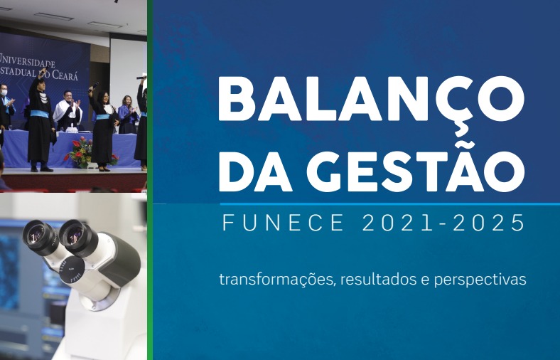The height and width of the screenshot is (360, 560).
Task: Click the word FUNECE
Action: click(x=284, y=223)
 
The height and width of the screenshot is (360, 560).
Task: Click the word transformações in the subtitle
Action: click(x=277, y=280)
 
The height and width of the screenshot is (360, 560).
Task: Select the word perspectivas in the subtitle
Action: click(x=480, y=280)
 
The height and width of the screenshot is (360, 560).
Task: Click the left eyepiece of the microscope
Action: click(x=38, y=237)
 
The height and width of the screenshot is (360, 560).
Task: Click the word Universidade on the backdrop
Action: click(x=28, y=60)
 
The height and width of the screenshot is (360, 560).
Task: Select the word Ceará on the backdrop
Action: click(x=65, y=75)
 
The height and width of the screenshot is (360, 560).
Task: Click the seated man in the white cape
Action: click(x=68, y=111)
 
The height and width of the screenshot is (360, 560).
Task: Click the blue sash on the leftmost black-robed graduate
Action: click(x=39, y=114)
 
